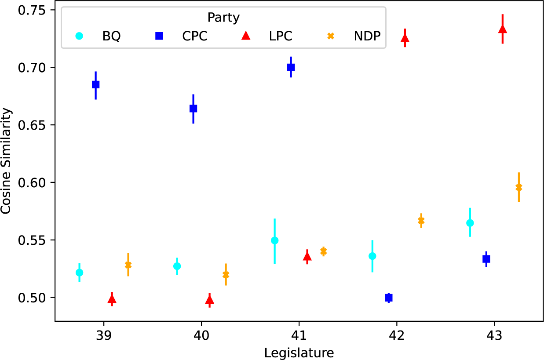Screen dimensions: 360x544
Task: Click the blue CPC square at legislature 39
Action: tap(95, 84)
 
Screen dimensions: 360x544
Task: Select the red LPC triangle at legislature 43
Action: tap(503, 29)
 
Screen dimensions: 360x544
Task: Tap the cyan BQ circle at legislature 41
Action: tap(275, 240)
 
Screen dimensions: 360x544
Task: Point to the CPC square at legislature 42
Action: tap(389, 298)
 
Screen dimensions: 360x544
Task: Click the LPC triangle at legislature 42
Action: tap(405, 38)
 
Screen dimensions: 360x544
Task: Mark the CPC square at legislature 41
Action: tap(291, 67)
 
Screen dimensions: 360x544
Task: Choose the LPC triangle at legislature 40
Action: tap(210, 300)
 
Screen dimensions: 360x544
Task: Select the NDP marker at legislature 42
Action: tap(421, 220)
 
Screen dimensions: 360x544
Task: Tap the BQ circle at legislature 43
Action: tap(470, 223)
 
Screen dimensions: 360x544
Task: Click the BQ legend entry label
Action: tap(111, 36)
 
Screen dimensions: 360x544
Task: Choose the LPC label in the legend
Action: tap(280, 36)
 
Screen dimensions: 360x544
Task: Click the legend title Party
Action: tap(223, 18)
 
